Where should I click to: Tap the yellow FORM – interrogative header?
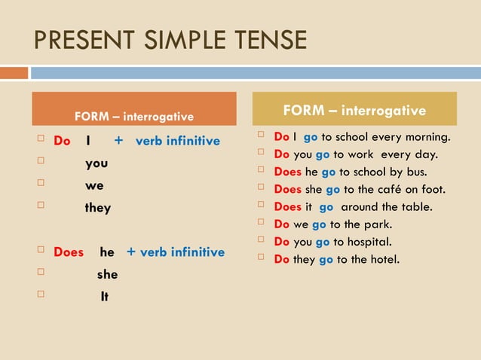[x=354, y=111]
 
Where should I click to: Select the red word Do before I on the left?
[x=62, y=141]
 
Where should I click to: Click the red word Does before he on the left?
[x=69, y=252]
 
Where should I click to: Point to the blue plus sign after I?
[x=118, y=141]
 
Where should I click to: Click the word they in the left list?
[x=98, y=208]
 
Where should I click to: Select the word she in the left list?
[x=107, y=275]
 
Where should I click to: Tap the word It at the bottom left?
[x=104, y=297]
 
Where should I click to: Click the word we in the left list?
[x=94, y=185]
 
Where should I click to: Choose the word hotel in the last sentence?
[x=384, y=259]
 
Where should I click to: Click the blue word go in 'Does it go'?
[x=326, y=206]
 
